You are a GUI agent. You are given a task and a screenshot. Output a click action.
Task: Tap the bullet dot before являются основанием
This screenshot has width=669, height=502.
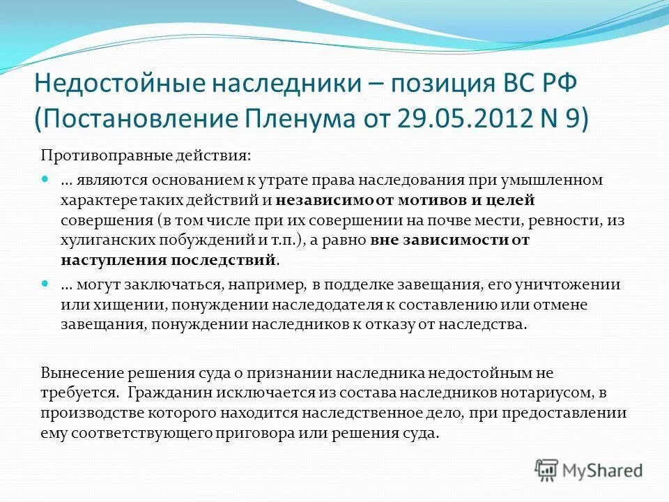[46, 180]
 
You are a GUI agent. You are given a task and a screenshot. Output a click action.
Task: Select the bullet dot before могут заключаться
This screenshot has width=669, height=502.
[46, 285]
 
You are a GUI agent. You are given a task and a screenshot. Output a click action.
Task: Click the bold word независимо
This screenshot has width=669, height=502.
[313, 200]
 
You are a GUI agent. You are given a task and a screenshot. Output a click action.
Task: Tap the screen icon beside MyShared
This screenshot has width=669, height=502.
[546, 470]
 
